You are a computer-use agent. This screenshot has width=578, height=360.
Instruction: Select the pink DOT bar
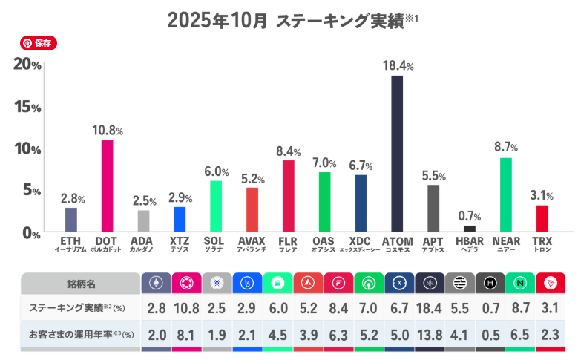click(107, 186)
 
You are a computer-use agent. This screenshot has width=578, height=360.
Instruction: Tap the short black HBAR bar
click(469, 229)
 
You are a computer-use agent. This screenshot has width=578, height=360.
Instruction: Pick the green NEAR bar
click(506, 194)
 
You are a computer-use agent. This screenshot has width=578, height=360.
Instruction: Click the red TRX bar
click(542, 218)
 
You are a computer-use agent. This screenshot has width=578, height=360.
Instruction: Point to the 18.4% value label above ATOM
click(398, 66)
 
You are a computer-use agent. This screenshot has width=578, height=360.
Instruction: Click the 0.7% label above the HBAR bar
click(469, 216)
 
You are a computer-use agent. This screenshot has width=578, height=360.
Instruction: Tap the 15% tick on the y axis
click(27, 106)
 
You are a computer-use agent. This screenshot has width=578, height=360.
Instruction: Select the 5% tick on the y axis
click(30, 191)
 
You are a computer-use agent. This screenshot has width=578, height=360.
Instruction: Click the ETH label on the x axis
click(71, 241)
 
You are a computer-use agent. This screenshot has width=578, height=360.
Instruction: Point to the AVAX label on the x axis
click(252, 241)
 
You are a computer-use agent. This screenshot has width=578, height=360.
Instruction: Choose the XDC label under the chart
click(361, 241)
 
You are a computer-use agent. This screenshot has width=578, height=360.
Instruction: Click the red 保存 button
click(39, 43)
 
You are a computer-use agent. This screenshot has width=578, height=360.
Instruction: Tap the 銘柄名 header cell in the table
click(81, 284)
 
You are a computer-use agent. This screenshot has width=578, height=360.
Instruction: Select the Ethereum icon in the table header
click(157, 283)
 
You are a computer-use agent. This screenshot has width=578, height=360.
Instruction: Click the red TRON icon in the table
click(550, 283)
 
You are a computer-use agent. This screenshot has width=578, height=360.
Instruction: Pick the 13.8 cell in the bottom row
click(430, 335)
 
